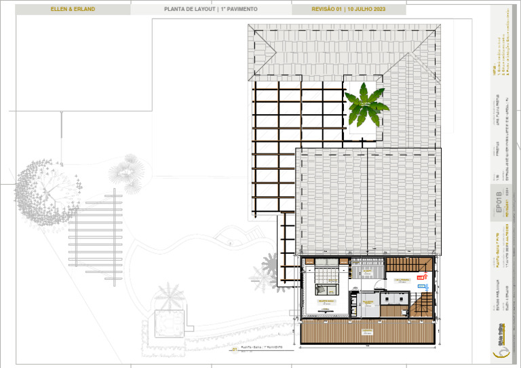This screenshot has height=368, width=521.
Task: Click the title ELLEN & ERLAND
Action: click(73, 10)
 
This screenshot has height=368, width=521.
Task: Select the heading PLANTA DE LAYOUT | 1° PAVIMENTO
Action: click(210, 10)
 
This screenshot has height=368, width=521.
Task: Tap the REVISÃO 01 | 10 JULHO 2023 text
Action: click(348, 10)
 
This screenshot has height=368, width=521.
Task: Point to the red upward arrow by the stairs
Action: click(425, 274)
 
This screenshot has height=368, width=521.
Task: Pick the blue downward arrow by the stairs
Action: click(420, 278)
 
